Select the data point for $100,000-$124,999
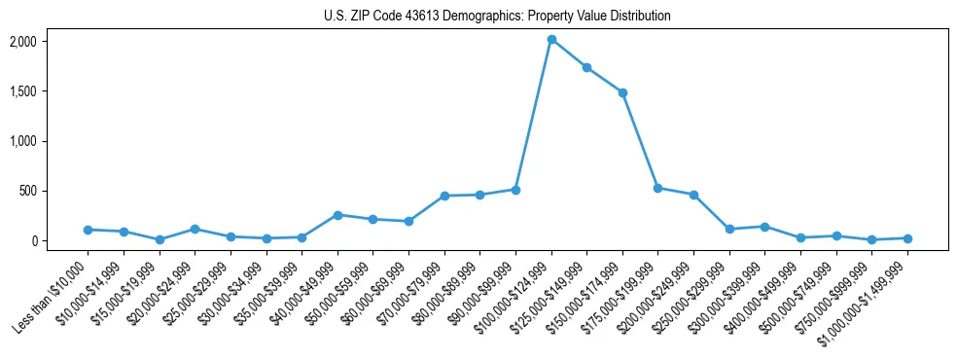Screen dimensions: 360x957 [551, 40]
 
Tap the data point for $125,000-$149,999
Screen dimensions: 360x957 [586, 67]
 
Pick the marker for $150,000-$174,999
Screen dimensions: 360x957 [622, 92]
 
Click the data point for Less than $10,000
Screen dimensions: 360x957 [88, 230]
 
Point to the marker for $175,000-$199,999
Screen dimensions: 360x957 [658, 188]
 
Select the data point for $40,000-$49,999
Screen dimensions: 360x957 [337, 215]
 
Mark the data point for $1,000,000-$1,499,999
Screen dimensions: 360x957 [907, 238]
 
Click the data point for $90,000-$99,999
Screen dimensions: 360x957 [515, 190]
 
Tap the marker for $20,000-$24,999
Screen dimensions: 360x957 [195, 230]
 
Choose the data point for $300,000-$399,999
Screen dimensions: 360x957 [764, 227]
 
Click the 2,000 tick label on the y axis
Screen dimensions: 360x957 [50, 42]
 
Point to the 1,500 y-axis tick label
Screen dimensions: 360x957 [50, 91]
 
